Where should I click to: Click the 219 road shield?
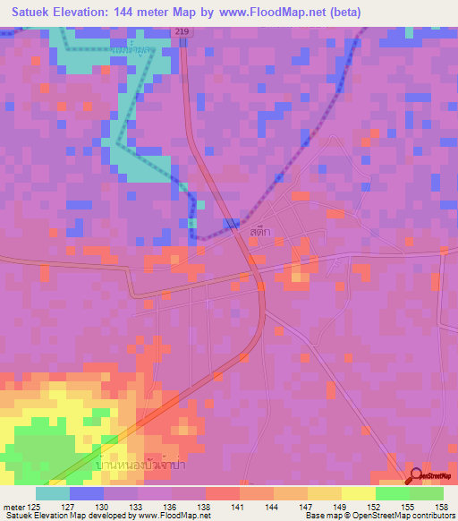[x=182, y=31]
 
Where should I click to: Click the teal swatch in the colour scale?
[x=53, y=492]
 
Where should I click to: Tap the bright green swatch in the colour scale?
[x=393, y=492]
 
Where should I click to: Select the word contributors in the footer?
[x=429, y=516]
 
